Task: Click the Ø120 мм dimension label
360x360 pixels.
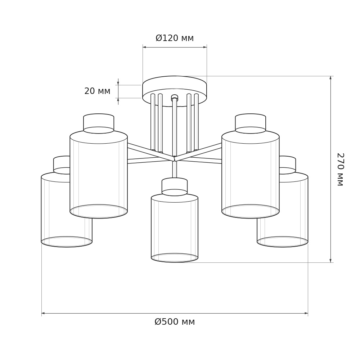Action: tap(175, 38)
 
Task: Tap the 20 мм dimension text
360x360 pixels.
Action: tap(97, 91)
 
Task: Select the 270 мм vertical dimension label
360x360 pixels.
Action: tap(340, 170)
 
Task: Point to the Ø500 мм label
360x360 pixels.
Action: tap(175, 322)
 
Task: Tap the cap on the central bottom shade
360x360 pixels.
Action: tap(175, 186)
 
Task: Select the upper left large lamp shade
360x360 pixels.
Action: tap(99, 175)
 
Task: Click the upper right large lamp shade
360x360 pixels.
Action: tap(251, 175)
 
